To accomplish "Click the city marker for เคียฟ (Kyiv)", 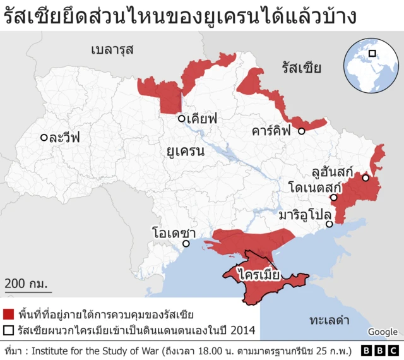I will [181, 118].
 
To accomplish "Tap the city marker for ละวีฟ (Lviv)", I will [44, 137].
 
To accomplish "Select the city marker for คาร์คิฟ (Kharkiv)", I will [302, 131].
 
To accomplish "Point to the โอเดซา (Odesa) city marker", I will [186, 244].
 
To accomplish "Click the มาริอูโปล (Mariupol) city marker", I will [329, 224].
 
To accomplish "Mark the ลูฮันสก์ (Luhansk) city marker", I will [365, 178].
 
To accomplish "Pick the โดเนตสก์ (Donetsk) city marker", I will [334, 198].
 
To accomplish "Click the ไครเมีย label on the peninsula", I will [259, 274].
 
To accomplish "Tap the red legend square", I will [9, 314].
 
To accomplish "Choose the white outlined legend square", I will [9, 330].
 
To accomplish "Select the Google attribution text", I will [383, 332].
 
